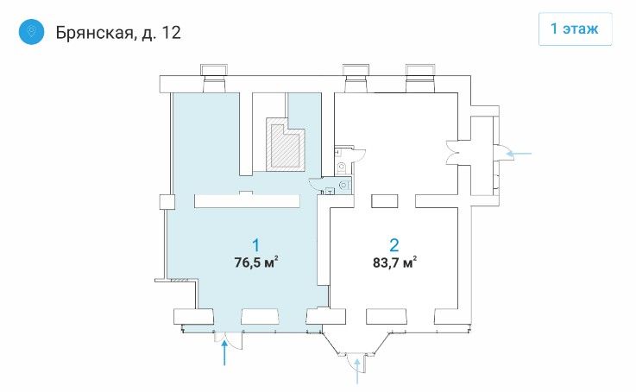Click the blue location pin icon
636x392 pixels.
[31, 31]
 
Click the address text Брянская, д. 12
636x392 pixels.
[118, 33]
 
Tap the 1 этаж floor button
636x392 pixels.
[575, 28]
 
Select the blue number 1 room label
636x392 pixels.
[256, 245]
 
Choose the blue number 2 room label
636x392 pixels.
[394, 245]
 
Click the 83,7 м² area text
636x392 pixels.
[394, 262]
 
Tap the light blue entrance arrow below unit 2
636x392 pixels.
[357, 371]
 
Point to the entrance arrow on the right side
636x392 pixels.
[519, 154]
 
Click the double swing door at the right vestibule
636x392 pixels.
[452, 153]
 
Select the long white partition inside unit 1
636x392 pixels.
[247, 201]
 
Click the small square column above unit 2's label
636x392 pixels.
[385, 201]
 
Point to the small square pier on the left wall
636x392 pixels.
[167, 202]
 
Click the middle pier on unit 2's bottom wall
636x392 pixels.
[386, 317]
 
